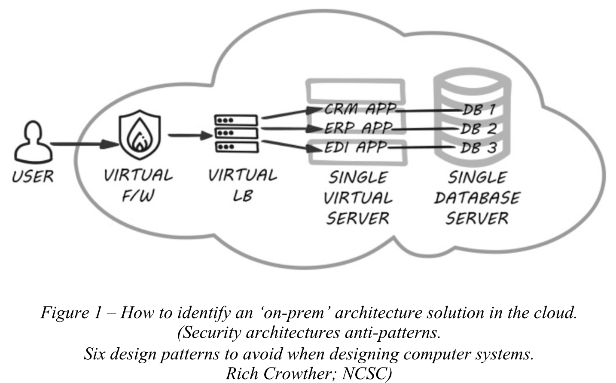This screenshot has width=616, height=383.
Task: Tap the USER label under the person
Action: click(x=33, y=177)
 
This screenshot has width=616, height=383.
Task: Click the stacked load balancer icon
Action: click(x=236, y=133)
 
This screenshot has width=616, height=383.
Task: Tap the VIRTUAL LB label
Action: click(x=243, y=185)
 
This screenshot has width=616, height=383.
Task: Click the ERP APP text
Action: click(x=358, y=128)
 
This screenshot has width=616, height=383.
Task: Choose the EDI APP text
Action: click(x=355, y=147)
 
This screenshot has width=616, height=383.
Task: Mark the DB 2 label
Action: click(x=479, y=128)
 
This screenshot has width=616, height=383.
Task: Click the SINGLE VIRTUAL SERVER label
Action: click(x=358, y=198)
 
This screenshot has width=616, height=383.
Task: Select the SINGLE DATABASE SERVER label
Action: click(x=477, y=198)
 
